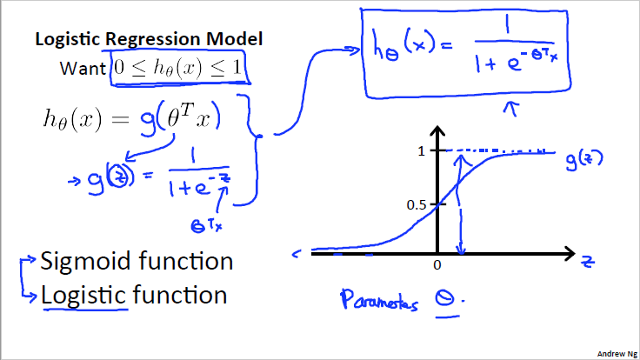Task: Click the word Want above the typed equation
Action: tap(82, 68)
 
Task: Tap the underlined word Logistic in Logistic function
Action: tap(84, 295)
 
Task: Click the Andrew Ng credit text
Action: tap(615, 354)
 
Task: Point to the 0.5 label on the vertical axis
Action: tap(419, 204)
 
